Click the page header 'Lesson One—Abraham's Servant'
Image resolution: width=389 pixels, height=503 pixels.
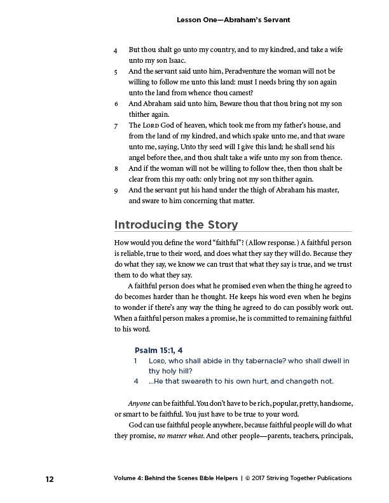coord(233,20)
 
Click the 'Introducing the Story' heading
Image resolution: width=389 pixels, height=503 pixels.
coord(175,224)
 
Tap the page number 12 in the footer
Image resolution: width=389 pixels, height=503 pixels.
coord(49,478)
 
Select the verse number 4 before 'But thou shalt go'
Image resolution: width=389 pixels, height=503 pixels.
coord(116,49)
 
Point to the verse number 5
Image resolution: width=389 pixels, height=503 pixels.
coord(116,72)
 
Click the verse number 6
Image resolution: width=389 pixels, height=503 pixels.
coord(116,103)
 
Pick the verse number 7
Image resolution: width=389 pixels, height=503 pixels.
coord(116,126)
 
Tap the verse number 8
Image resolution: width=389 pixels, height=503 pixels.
coord(116,168)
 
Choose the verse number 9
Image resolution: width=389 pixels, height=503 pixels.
coord(116,190)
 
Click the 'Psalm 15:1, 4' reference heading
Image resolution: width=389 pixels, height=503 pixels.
coord(158,350)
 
